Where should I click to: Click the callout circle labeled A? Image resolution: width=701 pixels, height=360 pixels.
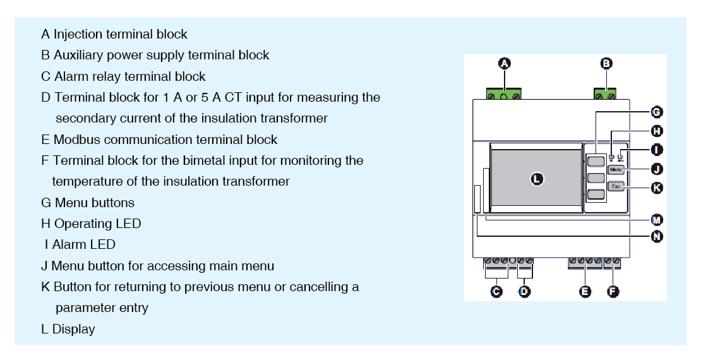coord(504,63)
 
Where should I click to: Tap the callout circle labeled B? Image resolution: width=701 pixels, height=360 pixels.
coord(606,63)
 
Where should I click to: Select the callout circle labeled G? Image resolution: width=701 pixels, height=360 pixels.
coord(656,112)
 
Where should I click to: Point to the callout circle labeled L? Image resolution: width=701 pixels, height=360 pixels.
coord(536,179)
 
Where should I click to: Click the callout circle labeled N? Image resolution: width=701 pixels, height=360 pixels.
coord(656,236)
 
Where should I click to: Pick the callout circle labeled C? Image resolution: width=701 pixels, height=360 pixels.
coord(496,291)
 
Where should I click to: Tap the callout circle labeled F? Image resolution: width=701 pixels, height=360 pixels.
coord(613,291)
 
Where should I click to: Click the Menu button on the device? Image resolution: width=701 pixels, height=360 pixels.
coord(616,169)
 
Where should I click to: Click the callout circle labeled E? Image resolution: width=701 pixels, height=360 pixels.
coord(585,291)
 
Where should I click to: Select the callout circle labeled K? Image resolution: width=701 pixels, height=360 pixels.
coord(656,187)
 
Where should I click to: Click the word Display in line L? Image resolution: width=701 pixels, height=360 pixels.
coord(73,329)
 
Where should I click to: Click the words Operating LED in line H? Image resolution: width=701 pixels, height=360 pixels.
coord(97,224)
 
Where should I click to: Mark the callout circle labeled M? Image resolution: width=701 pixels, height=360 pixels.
coord(656,219)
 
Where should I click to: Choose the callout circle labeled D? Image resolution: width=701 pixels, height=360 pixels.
coord(524,291)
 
